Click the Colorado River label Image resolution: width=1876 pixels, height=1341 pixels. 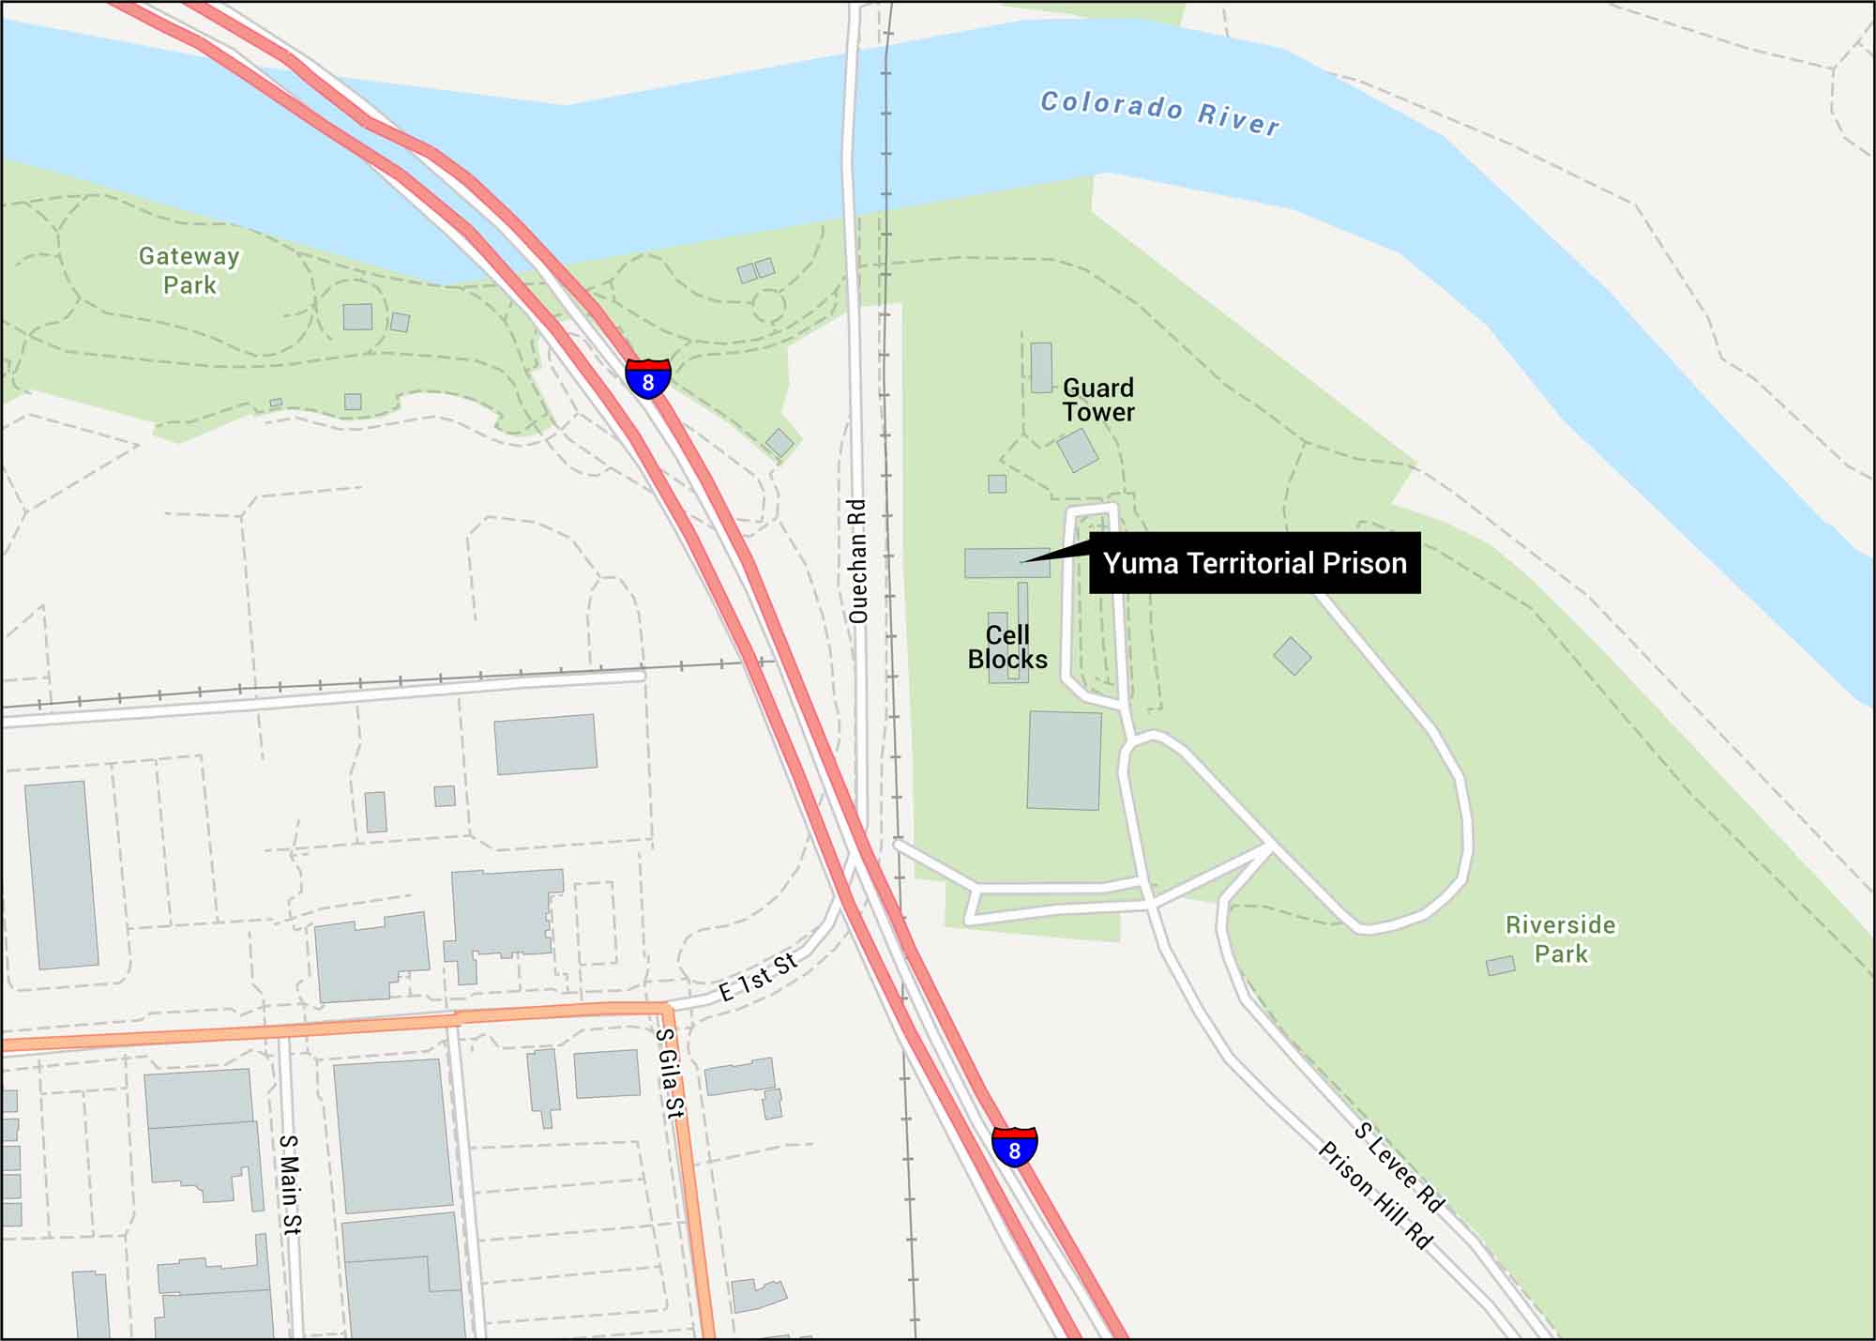pos(1159,113)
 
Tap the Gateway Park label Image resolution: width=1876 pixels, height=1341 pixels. pos(189,270)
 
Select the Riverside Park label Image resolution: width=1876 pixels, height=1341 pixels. pos(1561,938)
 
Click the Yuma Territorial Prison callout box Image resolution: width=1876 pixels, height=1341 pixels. pos(1254,563)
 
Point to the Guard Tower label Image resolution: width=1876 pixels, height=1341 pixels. pos(1097,400)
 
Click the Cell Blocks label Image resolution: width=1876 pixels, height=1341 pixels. pos(1007,648)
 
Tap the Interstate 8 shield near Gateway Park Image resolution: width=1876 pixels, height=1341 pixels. pos(648,378)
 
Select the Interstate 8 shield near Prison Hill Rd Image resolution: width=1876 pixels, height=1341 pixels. pos(1014,1146)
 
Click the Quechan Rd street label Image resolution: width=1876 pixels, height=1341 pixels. pos(857,561)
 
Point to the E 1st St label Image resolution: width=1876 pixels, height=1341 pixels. pos(758,977)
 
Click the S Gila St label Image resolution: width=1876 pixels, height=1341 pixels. pos(668,1073)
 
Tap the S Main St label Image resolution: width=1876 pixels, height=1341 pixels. pos(290,1184)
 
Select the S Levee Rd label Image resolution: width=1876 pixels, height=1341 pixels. pos(1399,1167)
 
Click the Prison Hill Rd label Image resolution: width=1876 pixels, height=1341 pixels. pos(1376,1196)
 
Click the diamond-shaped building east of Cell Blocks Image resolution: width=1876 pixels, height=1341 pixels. pos(1293,656)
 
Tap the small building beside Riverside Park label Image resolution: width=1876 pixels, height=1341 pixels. pos(1501,966)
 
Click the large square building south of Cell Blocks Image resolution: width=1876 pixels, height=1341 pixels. pos(1064,760)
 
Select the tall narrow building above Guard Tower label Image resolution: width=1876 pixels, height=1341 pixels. pos(1041,367)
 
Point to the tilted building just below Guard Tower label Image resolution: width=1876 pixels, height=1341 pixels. pos(1078,450)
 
